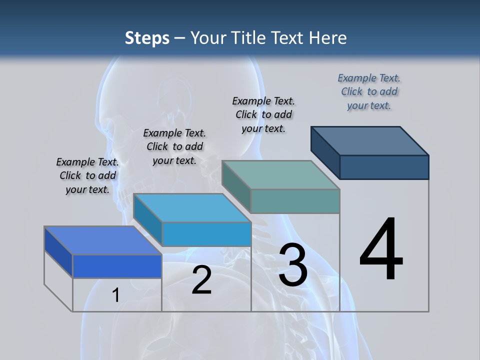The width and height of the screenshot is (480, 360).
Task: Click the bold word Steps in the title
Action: (x=147, y=38)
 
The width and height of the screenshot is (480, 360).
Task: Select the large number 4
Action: (x=381, y=250)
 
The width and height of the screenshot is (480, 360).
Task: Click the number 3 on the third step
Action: (x=293, y=265)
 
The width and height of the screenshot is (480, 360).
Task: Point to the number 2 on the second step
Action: (x=201, y=280)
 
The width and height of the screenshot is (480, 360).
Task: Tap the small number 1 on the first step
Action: (x=115, y=295)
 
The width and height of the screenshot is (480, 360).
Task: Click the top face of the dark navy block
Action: (x=370, y=140)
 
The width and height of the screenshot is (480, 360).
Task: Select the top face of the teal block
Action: (x=281, y=175)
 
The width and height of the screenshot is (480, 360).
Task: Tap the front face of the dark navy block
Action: (x=384, y=167)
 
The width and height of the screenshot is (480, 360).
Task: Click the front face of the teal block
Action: (x=295, y=201)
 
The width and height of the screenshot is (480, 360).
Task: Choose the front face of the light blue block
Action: (x=206, y=234)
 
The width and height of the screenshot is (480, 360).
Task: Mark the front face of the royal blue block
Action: (x=117, y=266)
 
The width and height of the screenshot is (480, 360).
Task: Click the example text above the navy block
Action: (x=369, y=91)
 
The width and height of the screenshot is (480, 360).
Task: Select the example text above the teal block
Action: (x=263, y=114)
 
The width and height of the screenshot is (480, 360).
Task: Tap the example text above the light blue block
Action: (x=174, y=146)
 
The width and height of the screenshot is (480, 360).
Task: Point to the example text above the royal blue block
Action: (x=87, y=175)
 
